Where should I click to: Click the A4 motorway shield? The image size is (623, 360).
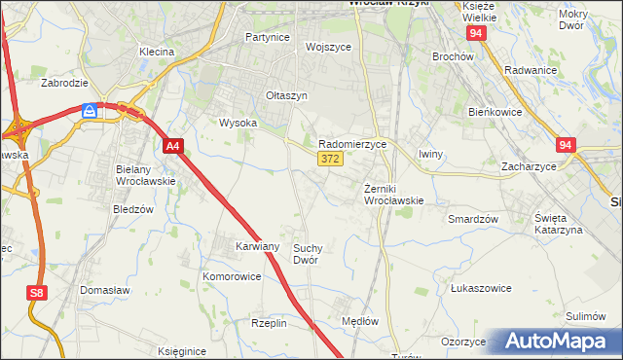click(x=172, y=147)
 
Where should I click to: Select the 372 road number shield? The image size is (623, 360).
click(x=328, y=159)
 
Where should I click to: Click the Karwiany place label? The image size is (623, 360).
click(x=258, y=247)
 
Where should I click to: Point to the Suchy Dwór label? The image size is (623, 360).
click(x=306, y=254)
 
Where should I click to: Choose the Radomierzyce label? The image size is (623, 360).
click(x=353, y=143)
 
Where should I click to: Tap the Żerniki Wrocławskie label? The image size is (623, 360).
click(x=392, y=194)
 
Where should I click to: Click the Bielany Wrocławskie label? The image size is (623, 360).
click(x=145, y=175)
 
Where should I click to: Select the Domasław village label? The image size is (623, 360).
click(x=106, y=290)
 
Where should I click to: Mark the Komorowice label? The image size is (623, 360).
click(x=232, y=276)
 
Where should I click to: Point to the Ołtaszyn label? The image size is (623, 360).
click(x=287, y=95)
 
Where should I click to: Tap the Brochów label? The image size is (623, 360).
click(x=453, y=56)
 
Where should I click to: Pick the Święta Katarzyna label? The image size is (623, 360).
click(x=559, y=223)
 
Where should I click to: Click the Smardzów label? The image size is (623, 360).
click(x=473, y=219)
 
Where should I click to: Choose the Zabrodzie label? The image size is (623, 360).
click(x=64, y=83)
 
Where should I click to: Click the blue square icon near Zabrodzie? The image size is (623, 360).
click(x=90, y=111)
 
